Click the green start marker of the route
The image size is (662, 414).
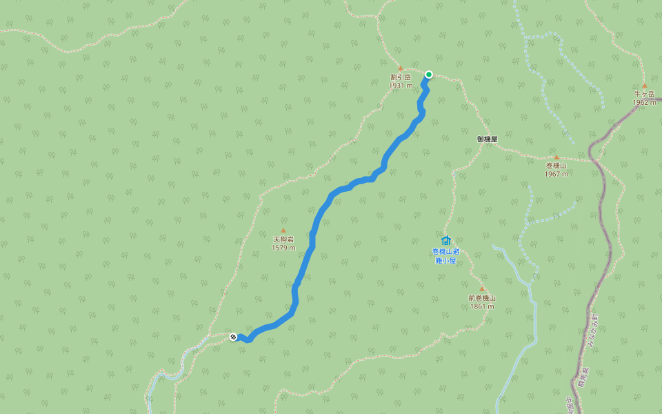coord(428,75)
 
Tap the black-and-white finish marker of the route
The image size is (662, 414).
coord(233,337)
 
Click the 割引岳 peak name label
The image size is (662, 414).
coord(400,78)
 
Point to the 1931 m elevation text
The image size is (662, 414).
coord(400,86)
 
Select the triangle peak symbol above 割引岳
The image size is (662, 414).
coord(400,68)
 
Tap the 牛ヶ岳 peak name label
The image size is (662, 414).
coord(644,95)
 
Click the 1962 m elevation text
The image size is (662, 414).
coord(644,103)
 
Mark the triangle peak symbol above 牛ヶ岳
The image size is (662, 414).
coord(645,86)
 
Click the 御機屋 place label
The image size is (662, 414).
coord(487,139)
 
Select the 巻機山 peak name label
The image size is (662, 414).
coord(556,166)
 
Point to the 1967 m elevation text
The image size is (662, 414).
coord(556,174)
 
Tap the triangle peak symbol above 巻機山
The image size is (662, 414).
coord(556,157)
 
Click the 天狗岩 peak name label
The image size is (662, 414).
coord(283,239)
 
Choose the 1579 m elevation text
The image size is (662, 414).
coord(283,248)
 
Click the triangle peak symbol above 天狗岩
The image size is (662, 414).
coord(283,230)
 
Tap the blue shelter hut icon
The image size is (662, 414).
coord(445,240)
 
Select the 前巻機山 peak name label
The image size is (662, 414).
coord(481,298)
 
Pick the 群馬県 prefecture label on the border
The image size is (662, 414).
coord(583,374)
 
